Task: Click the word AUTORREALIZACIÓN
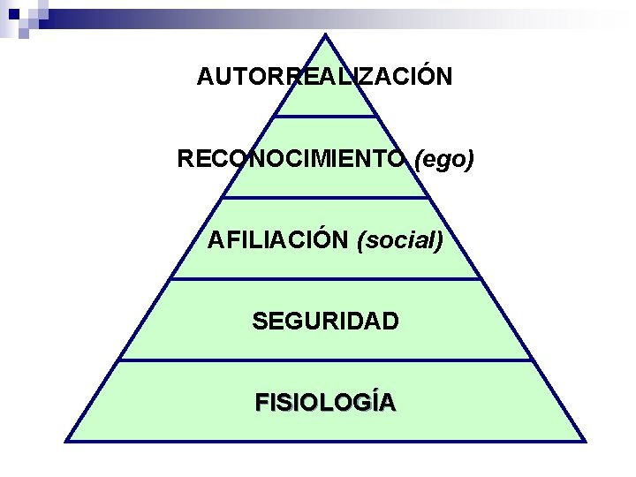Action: coord(324,77)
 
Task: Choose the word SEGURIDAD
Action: coord(324,321)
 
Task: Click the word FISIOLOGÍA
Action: coord(324,403)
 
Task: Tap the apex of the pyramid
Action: coord(325,36)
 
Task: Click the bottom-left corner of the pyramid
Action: coord(67,440)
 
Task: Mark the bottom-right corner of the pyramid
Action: coord(584,440)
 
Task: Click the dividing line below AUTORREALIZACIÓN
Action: coord(325,116)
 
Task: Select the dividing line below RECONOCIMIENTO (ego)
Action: coord(325,197)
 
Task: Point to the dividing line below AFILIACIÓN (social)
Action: coord(325,279)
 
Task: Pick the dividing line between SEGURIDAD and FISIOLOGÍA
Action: coord(325,360)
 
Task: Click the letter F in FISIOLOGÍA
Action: coord(261,403)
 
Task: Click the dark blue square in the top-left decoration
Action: coord(14,13)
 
